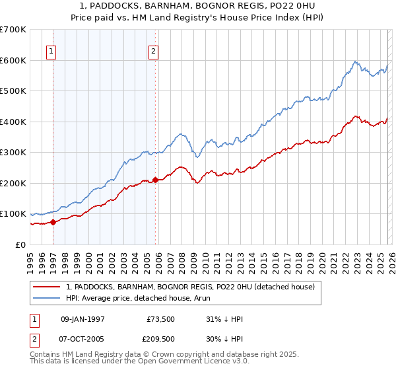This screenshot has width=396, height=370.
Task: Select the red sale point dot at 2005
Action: tap(156, 180)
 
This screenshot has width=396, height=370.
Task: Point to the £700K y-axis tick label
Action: tap(13, 30)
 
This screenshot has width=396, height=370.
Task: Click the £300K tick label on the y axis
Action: tap(13, 153)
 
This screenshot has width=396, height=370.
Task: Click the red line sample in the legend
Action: tap(47, 287)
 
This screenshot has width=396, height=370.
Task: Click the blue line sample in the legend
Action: tap(47, 298)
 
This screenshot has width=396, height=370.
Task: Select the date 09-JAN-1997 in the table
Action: tap(83, 319)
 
